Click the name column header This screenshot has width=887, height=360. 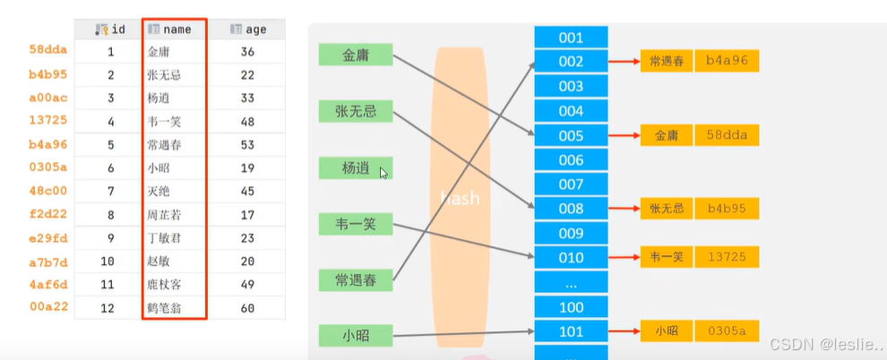click(x=174, y=29)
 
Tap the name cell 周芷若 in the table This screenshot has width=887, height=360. click(x=164, y=215)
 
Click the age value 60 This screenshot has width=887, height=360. click(x=248, y=308)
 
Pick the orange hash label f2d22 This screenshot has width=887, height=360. click(x=48, y=215)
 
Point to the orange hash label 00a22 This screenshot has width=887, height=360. click(x=48, y=308)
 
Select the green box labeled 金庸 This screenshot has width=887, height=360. click(x=355, y=55)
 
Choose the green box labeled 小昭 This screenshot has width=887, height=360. click(x=355, y=336)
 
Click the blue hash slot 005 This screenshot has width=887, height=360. click(x=571, y=136)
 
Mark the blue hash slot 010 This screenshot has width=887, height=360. click(x=571, y=258)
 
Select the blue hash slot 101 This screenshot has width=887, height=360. click(x=571, y=331)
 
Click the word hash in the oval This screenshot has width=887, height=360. click(x=459, y=199)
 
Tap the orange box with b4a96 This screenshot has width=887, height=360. click(x=727, y=62)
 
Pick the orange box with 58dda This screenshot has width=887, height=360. click(x=727, y=135)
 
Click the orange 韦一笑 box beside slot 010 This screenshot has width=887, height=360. click(x=666, y=257)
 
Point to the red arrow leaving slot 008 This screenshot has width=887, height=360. click(x=624, y=209)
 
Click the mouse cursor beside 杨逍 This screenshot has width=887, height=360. click(x=383, y=173)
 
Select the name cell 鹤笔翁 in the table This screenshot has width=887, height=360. click(x=164, y=308)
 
